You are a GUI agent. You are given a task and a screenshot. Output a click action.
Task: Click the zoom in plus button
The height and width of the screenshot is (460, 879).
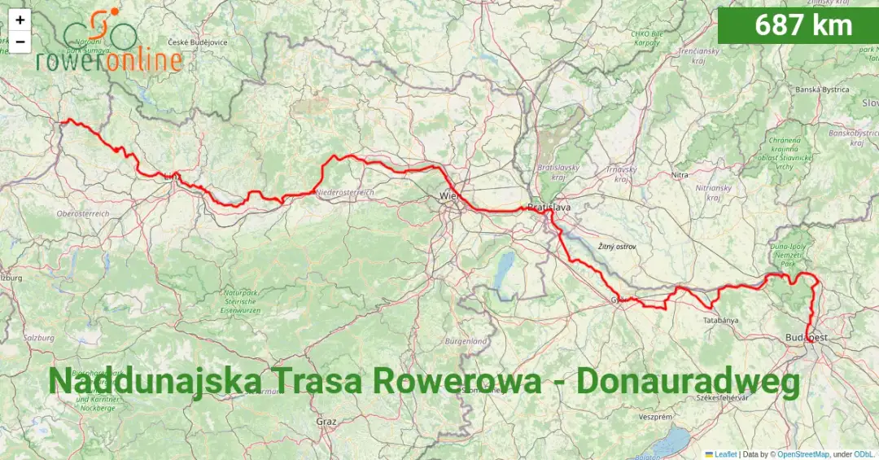tap(20, 20)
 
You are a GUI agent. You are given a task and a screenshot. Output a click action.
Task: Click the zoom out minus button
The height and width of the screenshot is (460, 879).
tap(20, 42)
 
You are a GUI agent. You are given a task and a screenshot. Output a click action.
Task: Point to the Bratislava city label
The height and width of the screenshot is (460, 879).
tap(549, 208)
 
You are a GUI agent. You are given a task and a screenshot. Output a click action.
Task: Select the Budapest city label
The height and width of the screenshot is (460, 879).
tap(807, 337)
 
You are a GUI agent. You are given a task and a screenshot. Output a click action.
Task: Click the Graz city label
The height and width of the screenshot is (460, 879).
tap(326, 422)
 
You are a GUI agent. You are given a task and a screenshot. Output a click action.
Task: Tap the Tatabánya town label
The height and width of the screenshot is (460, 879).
tap(720, 320)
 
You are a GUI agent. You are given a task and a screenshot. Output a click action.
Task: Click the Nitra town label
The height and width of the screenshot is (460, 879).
tap(680, 175)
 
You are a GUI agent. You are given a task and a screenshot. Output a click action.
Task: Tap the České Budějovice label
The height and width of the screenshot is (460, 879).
tap(198, 42)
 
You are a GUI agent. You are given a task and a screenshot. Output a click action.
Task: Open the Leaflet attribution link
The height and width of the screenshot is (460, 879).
tap(724, 454)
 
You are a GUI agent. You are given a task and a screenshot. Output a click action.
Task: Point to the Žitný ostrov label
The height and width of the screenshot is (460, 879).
tap(617, 246)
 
